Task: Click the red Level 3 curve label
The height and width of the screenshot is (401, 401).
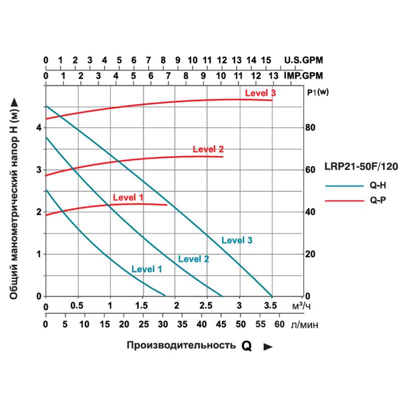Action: click(x=260, y=93)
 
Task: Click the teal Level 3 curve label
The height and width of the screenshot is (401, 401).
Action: click(x=237, y=240)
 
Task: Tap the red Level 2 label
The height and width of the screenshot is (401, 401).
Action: click(x=208, y=149)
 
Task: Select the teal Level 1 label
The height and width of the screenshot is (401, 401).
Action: click(x=146, y=269)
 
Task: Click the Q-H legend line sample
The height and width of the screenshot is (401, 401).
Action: click(x=344, y=185)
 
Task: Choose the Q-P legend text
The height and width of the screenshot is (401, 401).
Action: click(x=377, y=200)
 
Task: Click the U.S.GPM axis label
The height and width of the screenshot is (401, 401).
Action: click(x=304, y=60)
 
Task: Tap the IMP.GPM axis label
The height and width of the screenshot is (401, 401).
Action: click(x=303, y=76)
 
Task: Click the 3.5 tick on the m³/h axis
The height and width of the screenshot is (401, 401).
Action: click(x=271, y=306)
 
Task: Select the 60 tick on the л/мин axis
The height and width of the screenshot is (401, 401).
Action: click(x=280, y=324)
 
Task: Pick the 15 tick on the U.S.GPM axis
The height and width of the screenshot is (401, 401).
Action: click(x=266, y=60)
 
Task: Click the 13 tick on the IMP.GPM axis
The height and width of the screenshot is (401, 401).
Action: click(x=273, y=76)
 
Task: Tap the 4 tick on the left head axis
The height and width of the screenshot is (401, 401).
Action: click(x=39, y=127)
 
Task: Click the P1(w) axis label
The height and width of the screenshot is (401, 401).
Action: click(x=316, y=92)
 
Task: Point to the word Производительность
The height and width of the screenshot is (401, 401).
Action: click(x=181, y=345)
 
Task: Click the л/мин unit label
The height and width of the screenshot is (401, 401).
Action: click(x=304, y=325)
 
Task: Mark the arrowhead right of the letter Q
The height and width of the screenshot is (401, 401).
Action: click(x=268, y=346)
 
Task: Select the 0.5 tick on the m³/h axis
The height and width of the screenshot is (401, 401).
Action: click(x=77, y=306)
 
